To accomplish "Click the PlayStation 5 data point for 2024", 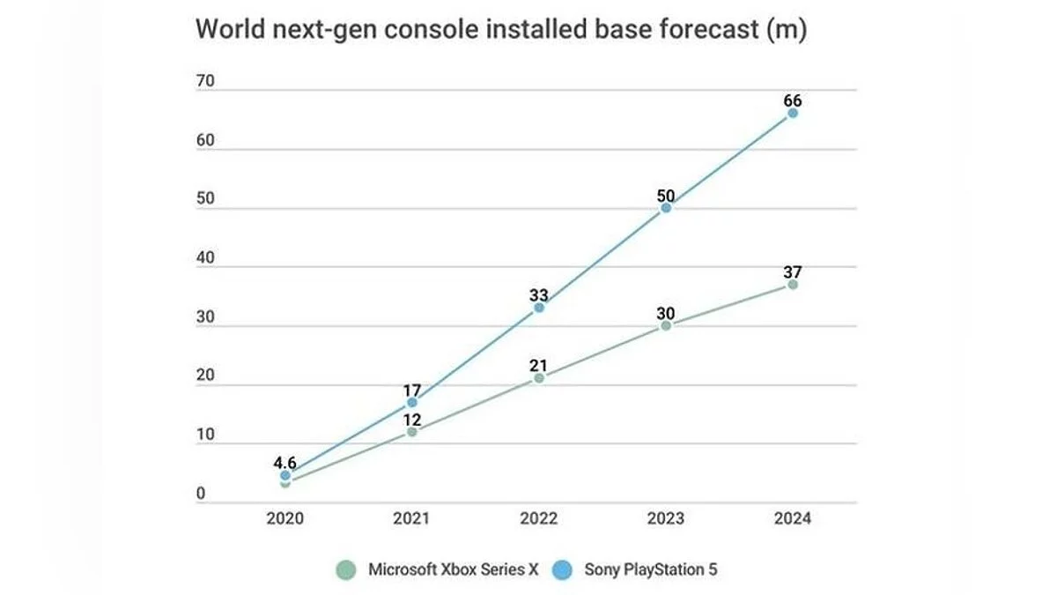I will [x=793, y=113].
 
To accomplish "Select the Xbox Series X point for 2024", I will [x=793, y=285].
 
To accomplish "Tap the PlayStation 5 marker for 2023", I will [x=666, y=208].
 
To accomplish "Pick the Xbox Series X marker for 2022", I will [x=539, y=378].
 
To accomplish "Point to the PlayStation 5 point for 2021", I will [x=412, y=402].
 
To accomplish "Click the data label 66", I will [x=793, y=100].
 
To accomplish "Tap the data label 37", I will [x=793, y=271].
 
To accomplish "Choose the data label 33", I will [x=539, y=294].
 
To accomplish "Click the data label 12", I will [x=412, y=420].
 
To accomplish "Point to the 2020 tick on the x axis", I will [x=285, y=518].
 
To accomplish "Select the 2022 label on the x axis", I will [x=539, y=518].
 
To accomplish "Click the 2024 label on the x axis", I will [x=793, y=518].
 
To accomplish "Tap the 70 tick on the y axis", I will [x=206, y=82].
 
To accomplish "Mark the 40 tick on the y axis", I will [x=206, y=259].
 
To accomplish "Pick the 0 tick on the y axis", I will [x=201, y=495].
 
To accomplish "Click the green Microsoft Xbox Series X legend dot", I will [x=347, y=569].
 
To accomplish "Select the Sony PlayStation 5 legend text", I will [x=651, y=569].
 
